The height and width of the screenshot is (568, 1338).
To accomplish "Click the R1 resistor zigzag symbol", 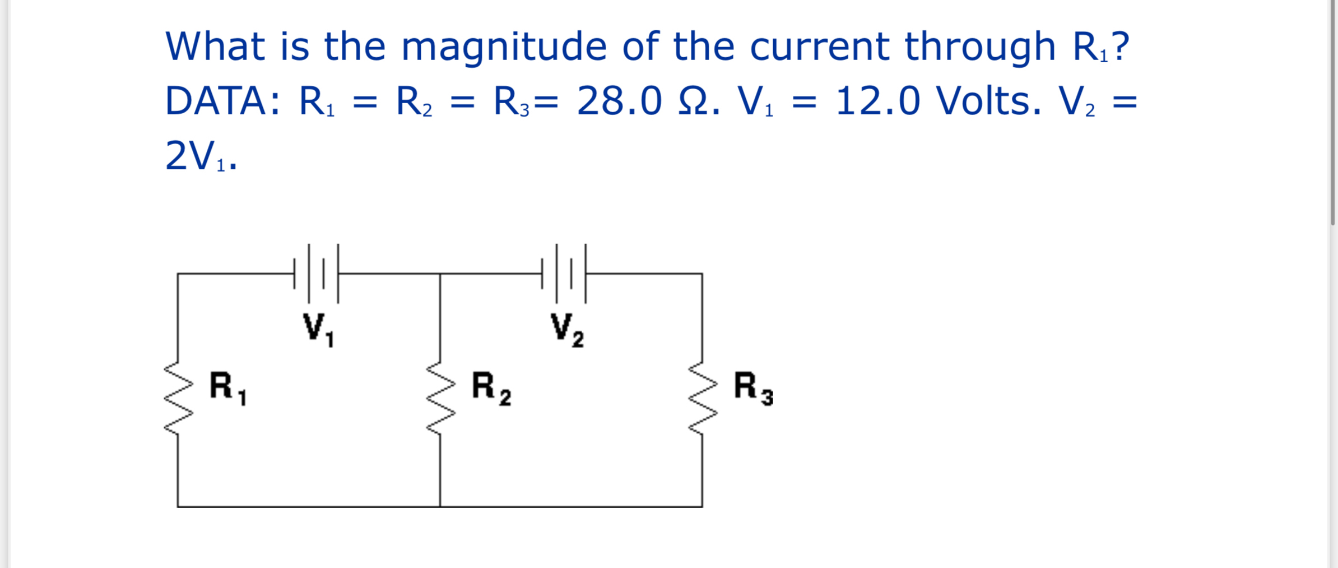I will [178, 397].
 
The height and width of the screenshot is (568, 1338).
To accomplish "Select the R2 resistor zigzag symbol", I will [440, 397].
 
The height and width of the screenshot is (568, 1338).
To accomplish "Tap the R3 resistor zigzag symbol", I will [703, 397].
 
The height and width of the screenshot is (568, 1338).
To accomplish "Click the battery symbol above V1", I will [317, 274].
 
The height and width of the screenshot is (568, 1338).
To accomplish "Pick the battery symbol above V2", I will [564, 274].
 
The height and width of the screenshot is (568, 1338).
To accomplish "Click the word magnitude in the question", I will [504, 47].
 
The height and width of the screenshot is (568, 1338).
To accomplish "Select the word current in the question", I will [819, 46].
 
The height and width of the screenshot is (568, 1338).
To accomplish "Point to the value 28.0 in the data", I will [619, 101].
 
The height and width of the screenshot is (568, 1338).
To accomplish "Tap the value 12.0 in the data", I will [877, 101].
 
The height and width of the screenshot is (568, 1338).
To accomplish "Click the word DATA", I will [222, 101].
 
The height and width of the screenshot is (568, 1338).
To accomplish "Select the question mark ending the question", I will [1121, 46].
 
